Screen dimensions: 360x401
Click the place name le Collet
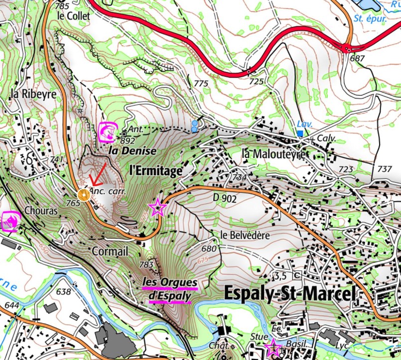coord(74,16)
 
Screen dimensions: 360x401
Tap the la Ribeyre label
coord(32,93)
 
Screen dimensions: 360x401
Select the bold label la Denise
coord(133,150)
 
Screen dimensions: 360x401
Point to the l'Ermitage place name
coord(155,170)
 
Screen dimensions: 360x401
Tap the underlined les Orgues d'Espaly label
coord(170,289)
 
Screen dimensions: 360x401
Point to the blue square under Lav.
coord(300,133)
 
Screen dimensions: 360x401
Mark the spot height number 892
coord(128,140)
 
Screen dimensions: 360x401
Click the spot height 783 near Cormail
coord(146,264)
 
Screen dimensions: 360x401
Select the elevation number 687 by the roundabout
coord(357,59)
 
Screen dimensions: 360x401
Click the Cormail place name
coord(110,250)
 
